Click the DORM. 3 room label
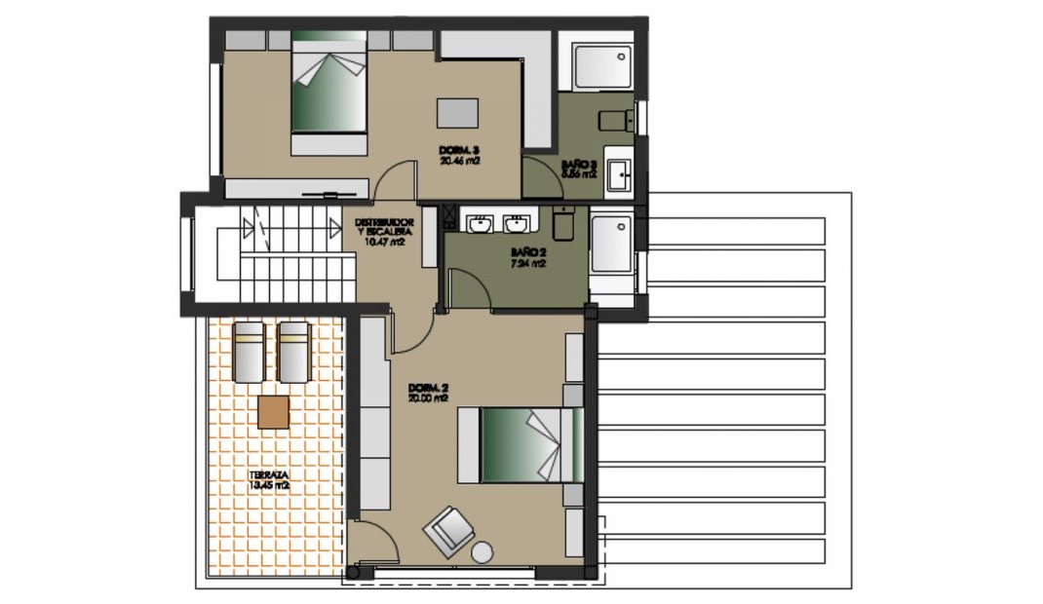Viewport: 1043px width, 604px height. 457,154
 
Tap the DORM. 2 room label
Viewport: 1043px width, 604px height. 428,393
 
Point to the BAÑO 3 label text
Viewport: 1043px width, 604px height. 579,168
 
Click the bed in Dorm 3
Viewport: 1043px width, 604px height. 328,93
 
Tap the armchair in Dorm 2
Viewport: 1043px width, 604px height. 448,530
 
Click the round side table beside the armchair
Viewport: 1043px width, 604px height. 483,552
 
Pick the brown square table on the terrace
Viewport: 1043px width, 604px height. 273,412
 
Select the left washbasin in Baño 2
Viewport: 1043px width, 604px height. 480,225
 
